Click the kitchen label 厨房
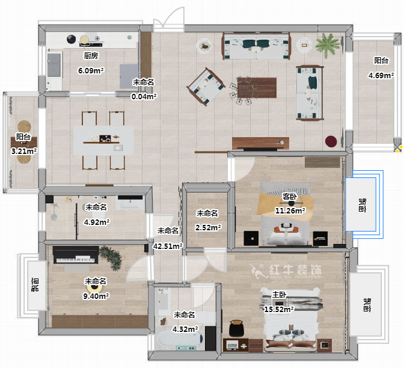pyautogui.click(x=91, y=56)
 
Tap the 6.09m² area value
pyautogui.click(x=91, y=70)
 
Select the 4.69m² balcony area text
pyautogui.click(x=381, y=75)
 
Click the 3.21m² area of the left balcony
pyautogui.click(x=24, y=151)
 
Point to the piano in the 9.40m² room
pyautogui.click(x=76, y=255)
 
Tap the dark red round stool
pyautogui.click(x=331, y=141)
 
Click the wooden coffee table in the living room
pyautogui.click(x=257, y=88)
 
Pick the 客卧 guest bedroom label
pyautogui.click(x=290, y=197)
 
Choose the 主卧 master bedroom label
pyautogui.click(x=280, y=295)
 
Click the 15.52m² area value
pyautogui.click(x=280, y=309)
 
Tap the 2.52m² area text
pyautogui.click(x=208, y=227)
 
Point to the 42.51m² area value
pyautogui.click(x=168, y=246)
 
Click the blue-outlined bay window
pyautogui.click(x=364, y=204)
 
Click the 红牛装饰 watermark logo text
pyautogui.click(x=295, y=270)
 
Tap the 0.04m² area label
pyautogui.click(x=144, y=96)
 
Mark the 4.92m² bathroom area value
pyautogui.click(x=97, y=222)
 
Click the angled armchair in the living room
pyautogui.click(x=206, y=87)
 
